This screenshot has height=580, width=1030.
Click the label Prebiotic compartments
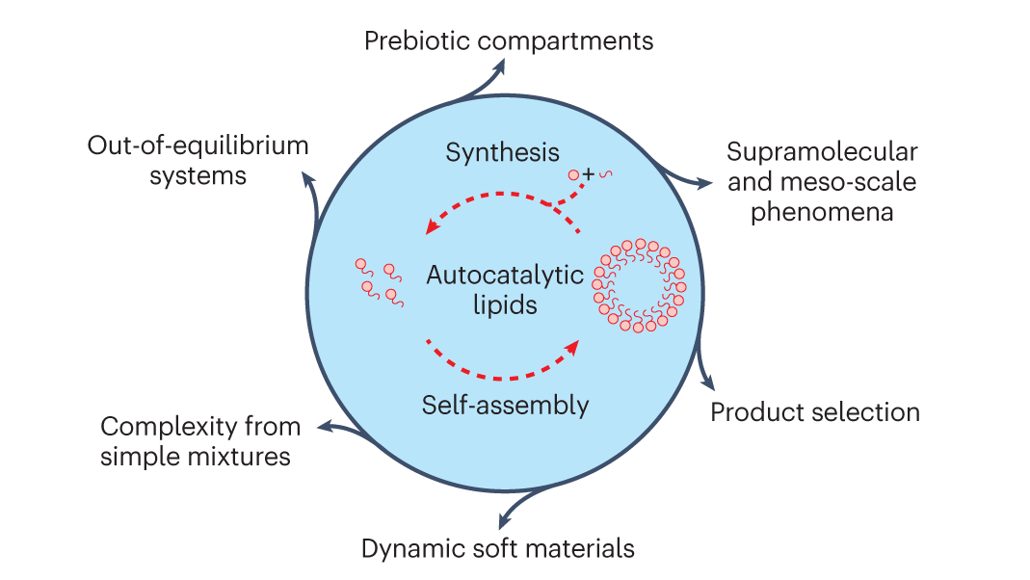point(509,41)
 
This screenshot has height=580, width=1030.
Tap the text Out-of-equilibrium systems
point(198,161)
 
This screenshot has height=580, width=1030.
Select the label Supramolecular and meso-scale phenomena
point(822,181)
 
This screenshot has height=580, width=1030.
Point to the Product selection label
point(815,412)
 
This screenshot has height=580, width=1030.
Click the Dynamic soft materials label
point(498,549)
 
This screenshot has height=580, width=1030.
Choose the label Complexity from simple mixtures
point(200,440)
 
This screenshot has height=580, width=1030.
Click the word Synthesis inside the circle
point(503,152)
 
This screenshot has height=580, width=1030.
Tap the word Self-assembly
point(505,405)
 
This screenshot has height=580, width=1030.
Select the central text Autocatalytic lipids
point(505,289)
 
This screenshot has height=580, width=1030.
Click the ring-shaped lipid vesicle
point(640,286)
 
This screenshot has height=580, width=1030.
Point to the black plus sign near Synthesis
point(588,172)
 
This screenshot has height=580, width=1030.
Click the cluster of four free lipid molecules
point(378,283)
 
